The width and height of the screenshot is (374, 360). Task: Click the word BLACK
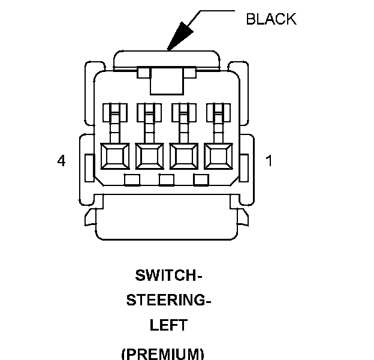coord(271,19)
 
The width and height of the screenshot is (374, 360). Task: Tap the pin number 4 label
coord(61,161)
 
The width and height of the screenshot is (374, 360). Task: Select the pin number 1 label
coord(269,161)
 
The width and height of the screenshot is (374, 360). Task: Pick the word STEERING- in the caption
coord(168,301)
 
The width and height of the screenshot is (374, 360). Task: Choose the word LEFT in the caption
coord(168,325)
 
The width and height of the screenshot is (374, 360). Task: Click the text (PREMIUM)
coord(162,352)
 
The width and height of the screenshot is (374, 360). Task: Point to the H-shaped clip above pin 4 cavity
coord(114,112)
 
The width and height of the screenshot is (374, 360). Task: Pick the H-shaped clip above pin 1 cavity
coord(216,112)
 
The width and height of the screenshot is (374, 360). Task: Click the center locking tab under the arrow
coord(166,80)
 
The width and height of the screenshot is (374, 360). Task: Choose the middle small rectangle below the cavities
coord(167,179)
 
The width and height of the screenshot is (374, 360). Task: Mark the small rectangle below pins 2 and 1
coord(200,179)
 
